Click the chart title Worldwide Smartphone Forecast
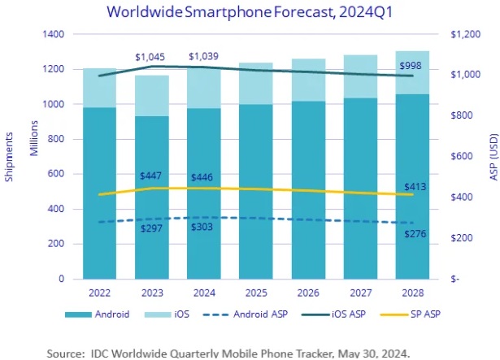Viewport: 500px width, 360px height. pos(250,12)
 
